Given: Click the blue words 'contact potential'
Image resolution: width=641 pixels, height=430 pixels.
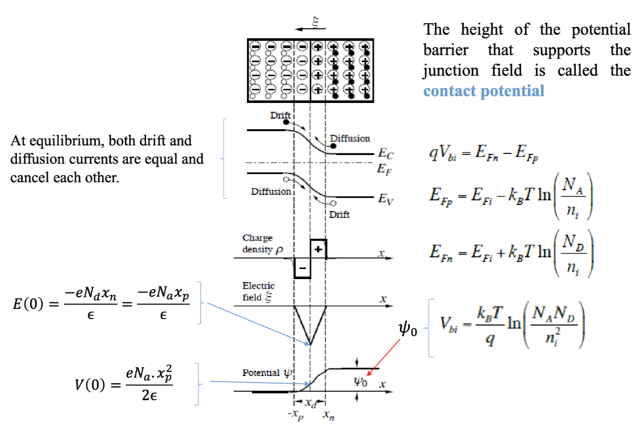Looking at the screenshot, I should click(x=484, y=91).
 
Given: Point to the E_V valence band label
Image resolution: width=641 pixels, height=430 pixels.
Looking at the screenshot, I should click(x=386, y=199).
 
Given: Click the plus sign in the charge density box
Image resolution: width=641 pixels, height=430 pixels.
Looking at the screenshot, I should click(x=318, y=248).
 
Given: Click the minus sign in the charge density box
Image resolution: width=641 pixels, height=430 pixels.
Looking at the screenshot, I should click(x=302, y=267).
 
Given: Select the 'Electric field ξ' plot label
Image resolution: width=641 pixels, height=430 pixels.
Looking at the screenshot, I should click(x=259, y=291).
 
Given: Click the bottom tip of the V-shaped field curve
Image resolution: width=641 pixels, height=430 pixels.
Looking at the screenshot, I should click(x=310, y=345).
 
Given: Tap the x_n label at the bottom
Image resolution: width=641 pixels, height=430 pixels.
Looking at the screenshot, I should click(x=328, y=415).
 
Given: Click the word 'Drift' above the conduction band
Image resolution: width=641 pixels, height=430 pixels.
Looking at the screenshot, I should click(x=280, y=115).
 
